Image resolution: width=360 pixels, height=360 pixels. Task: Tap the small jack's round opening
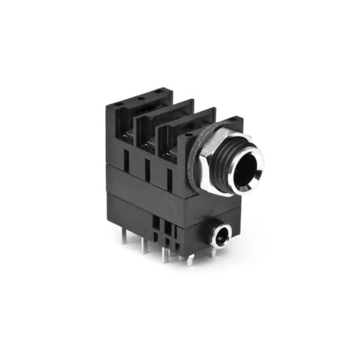pyautogui.click(x=220, y=235)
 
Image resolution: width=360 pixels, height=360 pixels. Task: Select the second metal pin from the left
pyautogui.click(x=144, y=245)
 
